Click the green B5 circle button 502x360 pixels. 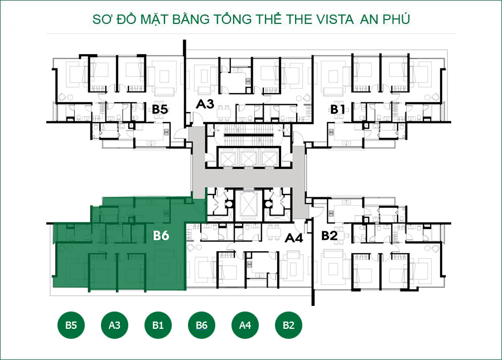pyautogui.click(x=71, y=325)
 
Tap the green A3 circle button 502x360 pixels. pyautogui.click(x=114, y=325)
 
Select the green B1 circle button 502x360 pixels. pyautogui.click(x=158, y=325)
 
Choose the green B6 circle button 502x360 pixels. pyautogui.click(x=201, y=325)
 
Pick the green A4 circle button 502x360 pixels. pyautogui.click(x=245, y=325)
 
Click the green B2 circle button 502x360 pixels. pyautogui.click(x=288, y=325)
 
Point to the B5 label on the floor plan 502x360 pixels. pyautogui.click(x=160, y=109)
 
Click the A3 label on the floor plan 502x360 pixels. pyautogui.click(x=205, y=104)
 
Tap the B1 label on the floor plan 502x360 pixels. pyautogui.click(x=337, y=109)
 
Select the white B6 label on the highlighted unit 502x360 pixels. pyautogui.click(x=161, y=236)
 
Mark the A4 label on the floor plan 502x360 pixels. pyautogui.click(x=293, y=239)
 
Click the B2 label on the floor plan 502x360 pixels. pyautogui.click(x=330, y=236)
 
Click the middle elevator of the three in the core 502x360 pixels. pyautogui.click(x=249, y=158)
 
